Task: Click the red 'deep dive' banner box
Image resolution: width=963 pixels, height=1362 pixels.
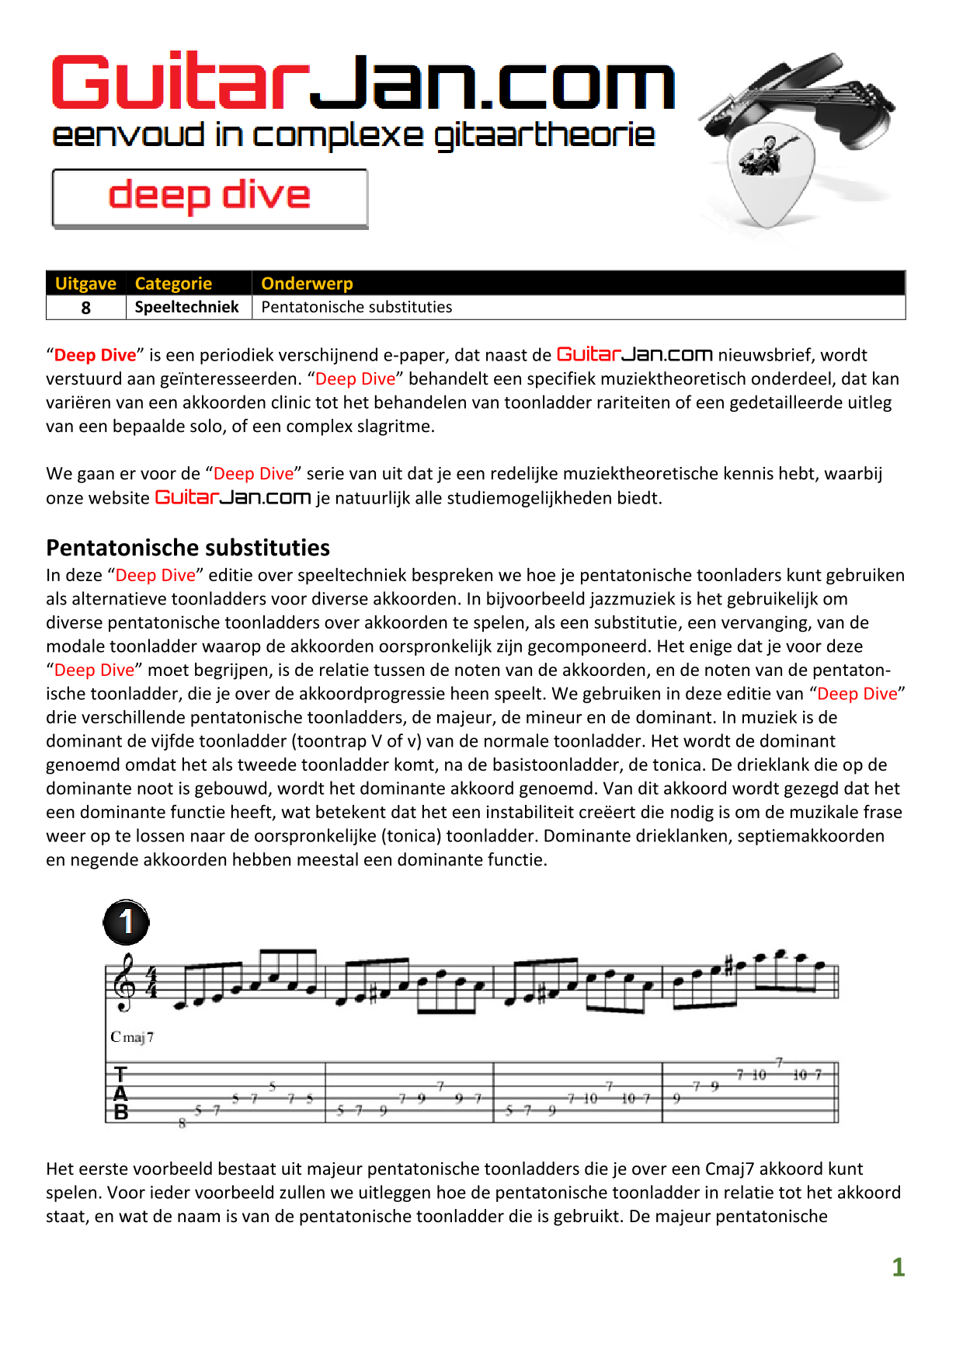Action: (x=210, y=197)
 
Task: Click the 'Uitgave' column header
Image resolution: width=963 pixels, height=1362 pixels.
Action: (x=85, y=284)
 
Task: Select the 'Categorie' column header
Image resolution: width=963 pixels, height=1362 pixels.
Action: (x=173, y=284)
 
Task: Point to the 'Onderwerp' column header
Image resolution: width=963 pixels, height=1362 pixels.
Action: (x=307, y=284)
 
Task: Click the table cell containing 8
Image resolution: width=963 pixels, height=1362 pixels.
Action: (x=85, y=308)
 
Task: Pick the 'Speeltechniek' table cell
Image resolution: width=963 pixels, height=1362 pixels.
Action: (x=187, y=307)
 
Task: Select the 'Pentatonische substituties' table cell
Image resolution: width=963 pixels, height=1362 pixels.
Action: (x=356, y=307)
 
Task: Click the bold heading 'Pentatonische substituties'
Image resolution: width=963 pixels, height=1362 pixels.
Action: (x=188, y=548)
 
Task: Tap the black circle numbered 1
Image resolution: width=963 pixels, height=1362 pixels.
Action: (x=126, y=922)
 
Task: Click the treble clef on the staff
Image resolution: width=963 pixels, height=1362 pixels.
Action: (x=123, y=982)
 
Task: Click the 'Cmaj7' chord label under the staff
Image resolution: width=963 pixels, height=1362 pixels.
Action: (x=132, y=1037)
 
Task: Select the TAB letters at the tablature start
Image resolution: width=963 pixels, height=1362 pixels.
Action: (x=120, y=1093)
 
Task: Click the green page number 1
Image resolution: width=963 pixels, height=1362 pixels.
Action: (x=898, y=1267)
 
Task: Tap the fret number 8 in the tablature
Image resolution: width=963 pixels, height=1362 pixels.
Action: (x=183, y=1123)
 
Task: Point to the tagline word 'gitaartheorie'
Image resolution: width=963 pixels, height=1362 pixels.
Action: (x=544, y=136)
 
